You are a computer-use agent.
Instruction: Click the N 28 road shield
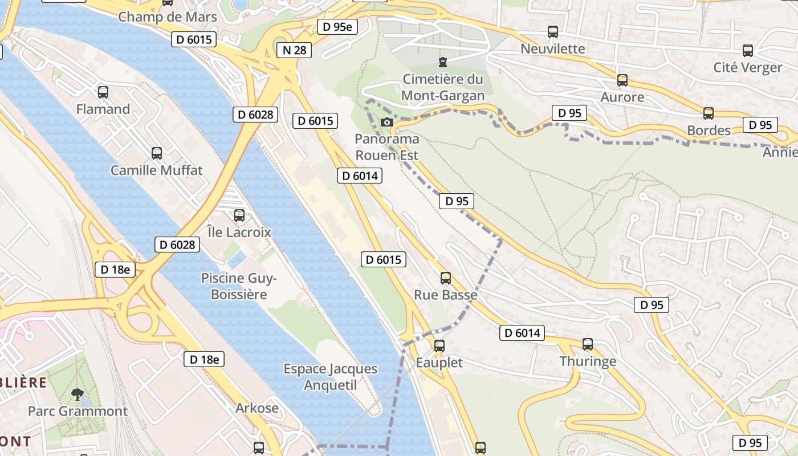pos(295,50)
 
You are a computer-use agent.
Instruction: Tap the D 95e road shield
pos(337,27)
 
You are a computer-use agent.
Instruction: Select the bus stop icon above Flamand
pos(103,92)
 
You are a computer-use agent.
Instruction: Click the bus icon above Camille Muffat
pos(157,153)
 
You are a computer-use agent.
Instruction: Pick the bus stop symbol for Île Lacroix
pos(239,215)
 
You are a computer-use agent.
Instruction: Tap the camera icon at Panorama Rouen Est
pos(386,122)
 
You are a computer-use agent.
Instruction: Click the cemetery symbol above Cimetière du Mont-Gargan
pos(442,62)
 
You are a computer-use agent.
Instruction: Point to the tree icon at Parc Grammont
pos(77,394)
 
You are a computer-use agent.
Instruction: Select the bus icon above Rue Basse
pos(446,278)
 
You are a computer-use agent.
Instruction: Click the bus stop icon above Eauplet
pos(439,345)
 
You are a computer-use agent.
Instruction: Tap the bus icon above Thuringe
pos(588,344)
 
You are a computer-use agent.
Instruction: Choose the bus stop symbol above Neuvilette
pos(553,32)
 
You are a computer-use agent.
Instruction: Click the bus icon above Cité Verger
pos(748,51)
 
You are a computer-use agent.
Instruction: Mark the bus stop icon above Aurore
pos(622,80)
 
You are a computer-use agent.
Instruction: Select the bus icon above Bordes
pos(709,113)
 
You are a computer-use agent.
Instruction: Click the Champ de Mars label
pos(168,17)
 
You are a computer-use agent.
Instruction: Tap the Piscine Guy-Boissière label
pos(239,286)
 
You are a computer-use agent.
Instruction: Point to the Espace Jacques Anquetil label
pos(331,377)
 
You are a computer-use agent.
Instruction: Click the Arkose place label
pos(258,408)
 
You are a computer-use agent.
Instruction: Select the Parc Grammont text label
pos(78,411)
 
